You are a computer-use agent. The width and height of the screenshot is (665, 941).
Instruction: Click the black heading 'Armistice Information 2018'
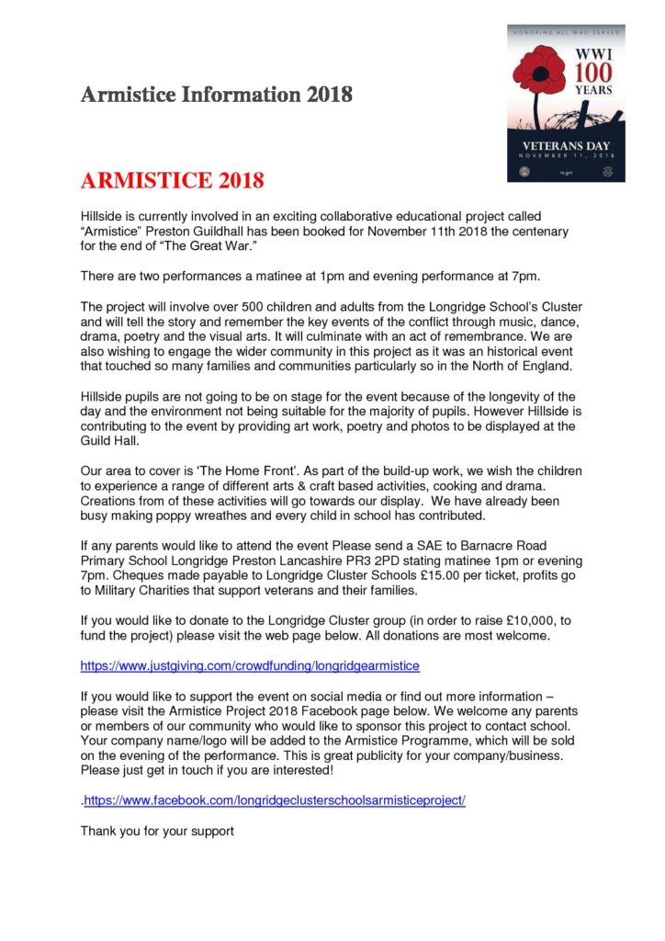[216, 95]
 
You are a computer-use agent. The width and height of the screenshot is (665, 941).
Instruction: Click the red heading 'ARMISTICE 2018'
[173, 178]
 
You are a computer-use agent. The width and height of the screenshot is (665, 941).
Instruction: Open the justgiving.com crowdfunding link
[250, 663]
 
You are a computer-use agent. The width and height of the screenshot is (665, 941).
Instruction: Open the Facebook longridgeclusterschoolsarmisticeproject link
[275, 800]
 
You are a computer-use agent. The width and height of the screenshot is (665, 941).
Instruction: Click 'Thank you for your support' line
[157, 831]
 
